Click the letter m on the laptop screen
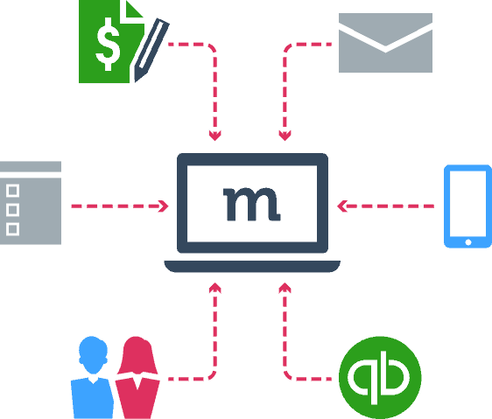click(251, 204)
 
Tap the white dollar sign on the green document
click(108, 44)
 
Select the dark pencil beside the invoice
click(151, 50)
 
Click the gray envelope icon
click(385, 43)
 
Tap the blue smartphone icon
click(467, 206)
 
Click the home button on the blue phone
click(468, 242)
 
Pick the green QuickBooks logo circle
click(380, 377)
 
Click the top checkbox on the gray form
click(12, 191)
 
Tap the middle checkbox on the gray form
click(12, 210)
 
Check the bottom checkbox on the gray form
click(12, 229)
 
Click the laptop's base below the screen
click(252, 266)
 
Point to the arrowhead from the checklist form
click(164, 206)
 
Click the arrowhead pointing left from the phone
click(342, 206)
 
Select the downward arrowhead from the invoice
click(215, 136)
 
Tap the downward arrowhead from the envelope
click(285, 136)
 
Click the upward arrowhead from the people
click(215, 288)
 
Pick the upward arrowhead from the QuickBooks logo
click(285, 288)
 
